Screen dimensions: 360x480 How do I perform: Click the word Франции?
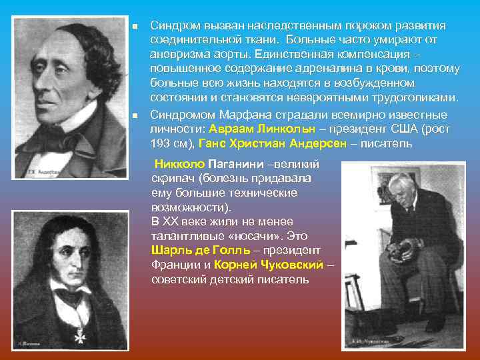(x=173, y=265)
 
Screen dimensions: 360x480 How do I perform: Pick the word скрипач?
(x=173, y=178)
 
